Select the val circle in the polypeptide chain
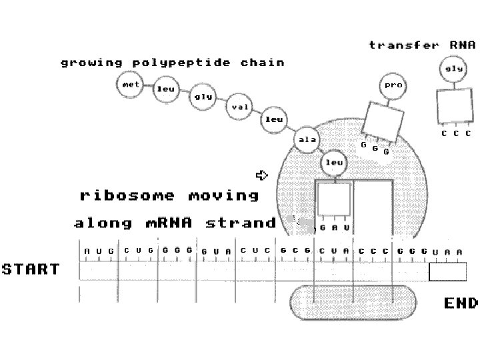[x=239, y=107]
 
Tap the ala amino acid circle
[x=307, y=140]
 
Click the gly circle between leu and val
[x=203, y=97]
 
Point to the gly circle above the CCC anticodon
[x=453, y=69]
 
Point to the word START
[x=30, y=270]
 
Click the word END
[x=461, y=304]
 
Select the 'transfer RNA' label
[x=422, y=45]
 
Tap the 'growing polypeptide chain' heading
[x=172, y=63]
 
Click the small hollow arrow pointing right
[x=261, y=175]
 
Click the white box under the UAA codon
[x=447, y=271]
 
